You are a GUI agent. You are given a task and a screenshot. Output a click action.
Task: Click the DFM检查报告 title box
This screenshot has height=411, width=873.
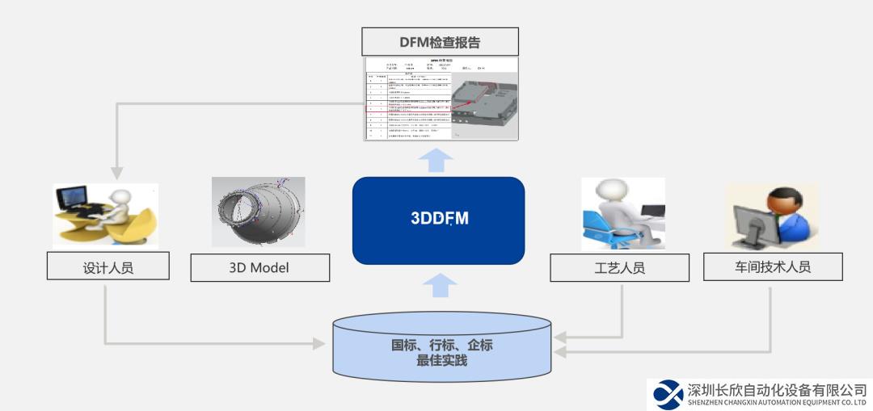[440, 42]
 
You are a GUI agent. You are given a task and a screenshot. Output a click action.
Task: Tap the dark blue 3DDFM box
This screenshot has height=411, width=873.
[438, 220]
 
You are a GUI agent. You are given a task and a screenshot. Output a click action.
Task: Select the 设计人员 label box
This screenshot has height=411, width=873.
[108, 267]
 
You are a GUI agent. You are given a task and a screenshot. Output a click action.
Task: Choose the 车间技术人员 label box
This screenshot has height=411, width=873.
[772, 266]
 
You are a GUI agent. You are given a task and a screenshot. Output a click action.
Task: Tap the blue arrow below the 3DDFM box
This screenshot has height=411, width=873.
[438, 284]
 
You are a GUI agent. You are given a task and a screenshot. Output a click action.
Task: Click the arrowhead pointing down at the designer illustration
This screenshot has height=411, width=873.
[117, 173]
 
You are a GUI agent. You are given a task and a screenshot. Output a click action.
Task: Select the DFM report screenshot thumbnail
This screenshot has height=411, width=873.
[440, 98]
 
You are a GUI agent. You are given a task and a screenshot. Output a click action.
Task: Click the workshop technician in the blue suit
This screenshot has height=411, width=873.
[788, 214]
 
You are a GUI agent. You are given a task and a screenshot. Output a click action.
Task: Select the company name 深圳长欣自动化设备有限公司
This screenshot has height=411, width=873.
[777, 389]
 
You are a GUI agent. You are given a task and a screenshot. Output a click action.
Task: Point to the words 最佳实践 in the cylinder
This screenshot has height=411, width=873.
[441, 361]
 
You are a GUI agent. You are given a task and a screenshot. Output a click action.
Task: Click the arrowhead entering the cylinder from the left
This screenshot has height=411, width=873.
[319, 344]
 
